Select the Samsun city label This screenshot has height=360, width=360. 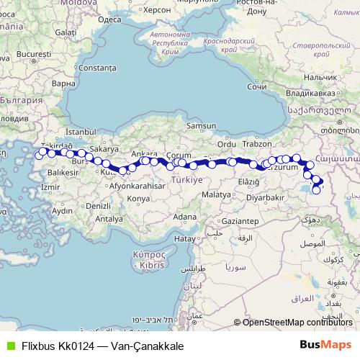point(200,125)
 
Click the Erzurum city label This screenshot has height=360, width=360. point(282,167)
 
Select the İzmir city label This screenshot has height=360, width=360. point(50,187)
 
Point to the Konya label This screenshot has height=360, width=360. point(138,198)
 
